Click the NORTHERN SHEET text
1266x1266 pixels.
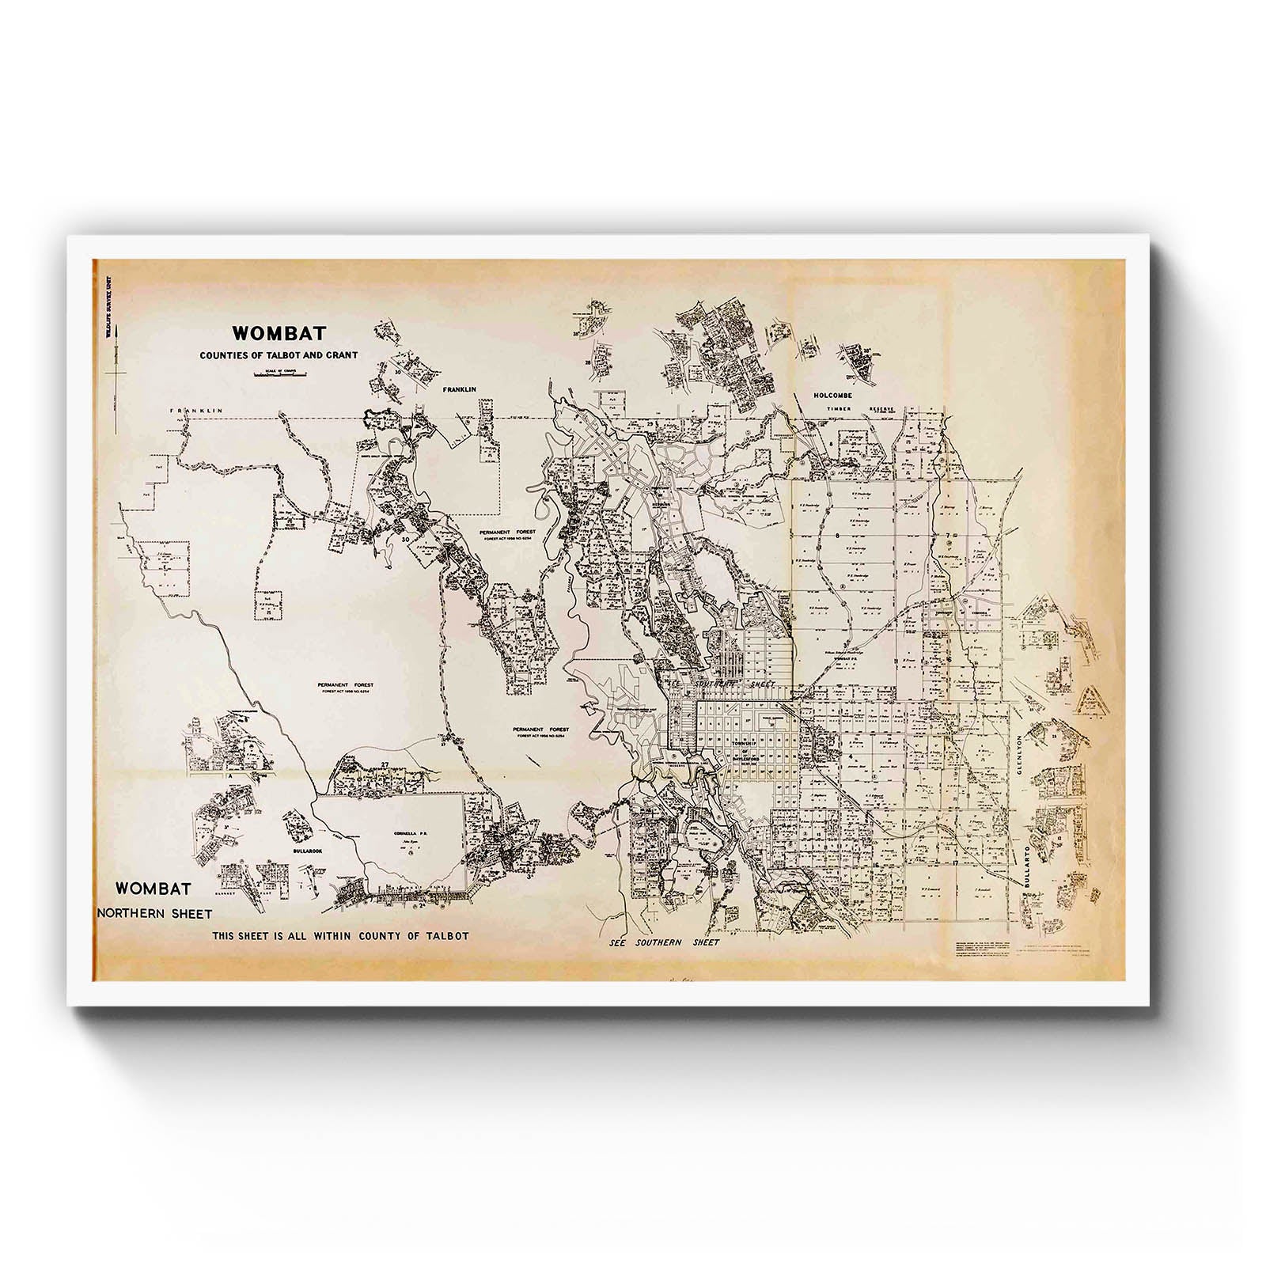tap(154, 913)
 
